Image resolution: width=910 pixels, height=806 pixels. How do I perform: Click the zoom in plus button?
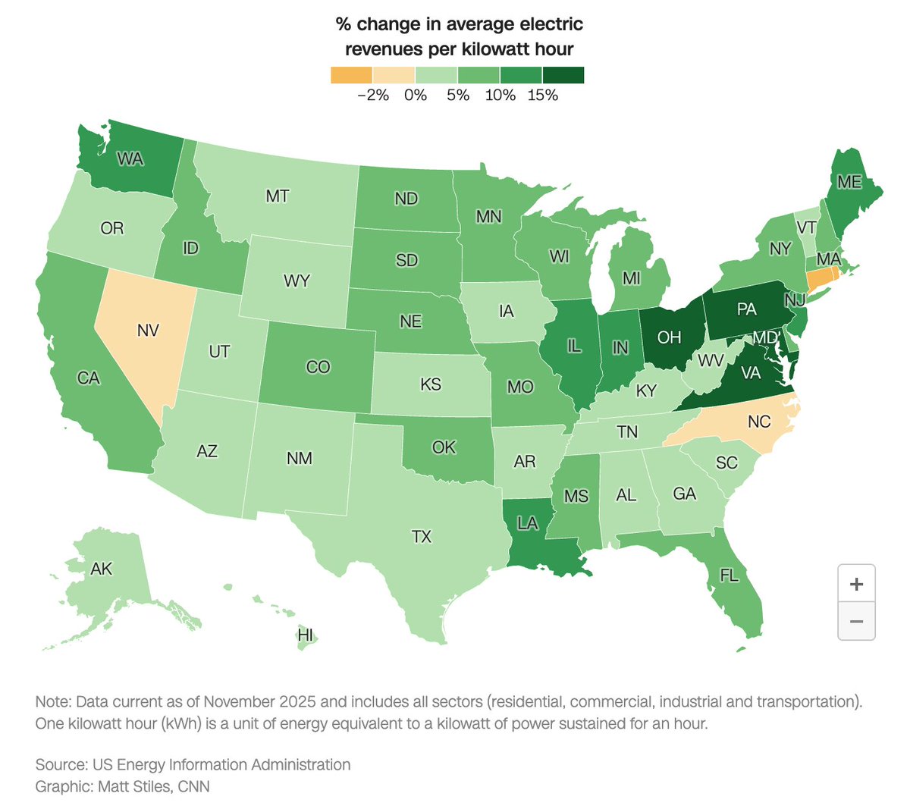856,584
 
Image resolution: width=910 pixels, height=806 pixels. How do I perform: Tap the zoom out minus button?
856,622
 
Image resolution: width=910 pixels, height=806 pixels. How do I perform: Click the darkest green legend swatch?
563,75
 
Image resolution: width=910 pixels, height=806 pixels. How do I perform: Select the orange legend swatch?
351,75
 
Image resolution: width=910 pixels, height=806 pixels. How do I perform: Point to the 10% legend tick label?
500,96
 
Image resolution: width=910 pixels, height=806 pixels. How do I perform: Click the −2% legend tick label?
372,96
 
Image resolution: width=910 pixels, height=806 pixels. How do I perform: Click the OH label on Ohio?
669,337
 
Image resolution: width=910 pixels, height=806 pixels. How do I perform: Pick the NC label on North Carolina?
758,422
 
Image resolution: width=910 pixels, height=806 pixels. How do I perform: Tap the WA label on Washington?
130,159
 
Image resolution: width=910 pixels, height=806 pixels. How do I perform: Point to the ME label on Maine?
849,183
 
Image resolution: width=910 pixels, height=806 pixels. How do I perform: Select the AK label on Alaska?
102,569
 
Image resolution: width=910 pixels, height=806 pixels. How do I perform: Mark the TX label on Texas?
421,537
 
